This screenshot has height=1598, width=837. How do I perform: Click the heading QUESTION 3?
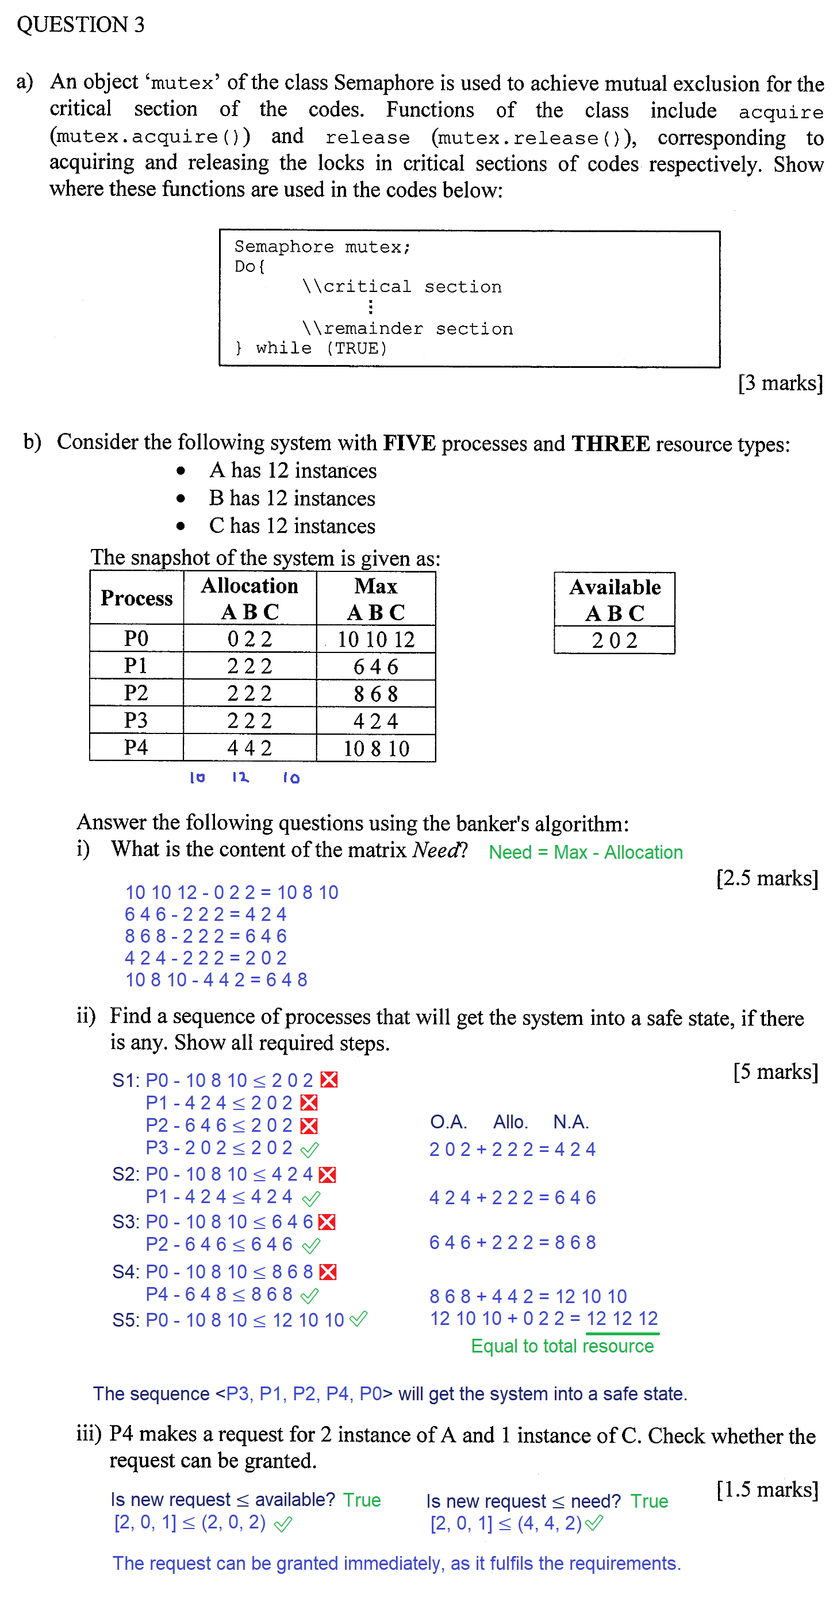[80, 25]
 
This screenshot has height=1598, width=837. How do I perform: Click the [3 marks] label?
[780, 383]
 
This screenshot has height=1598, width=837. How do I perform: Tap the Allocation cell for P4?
[249, 747]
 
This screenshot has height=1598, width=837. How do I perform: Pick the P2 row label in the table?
[136, 693]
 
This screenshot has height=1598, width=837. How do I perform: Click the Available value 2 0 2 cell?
[615, 640]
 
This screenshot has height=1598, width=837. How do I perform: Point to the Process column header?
[136, 598]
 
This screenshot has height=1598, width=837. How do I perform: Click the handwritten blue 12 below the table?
[240, 777]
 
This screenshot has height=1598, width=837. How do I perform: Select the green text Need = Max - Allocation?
[585, 852]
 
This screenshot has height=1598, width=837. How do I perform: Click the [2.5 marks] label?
[767, 878]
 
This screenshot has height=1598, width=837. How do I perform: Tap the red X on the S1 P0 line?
[329, 1080]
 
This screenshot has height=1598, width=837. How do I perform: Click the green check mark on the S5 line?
[359, 1319]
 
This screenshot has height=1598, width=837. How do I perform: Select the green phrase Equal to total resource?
[562, 1346]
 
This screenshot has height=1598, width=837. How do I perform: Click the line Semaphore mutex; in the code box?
[322, 247]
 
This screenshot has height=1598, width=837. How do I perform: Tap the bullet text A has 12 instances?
[293, 471]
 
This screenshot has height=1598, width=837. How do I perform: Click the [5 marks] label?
[775, 1071]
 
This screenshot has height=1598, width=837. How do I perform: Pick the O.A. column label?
[448, 1121]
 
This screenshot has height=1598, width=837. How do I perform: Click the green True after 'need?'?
[649, 1501]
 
